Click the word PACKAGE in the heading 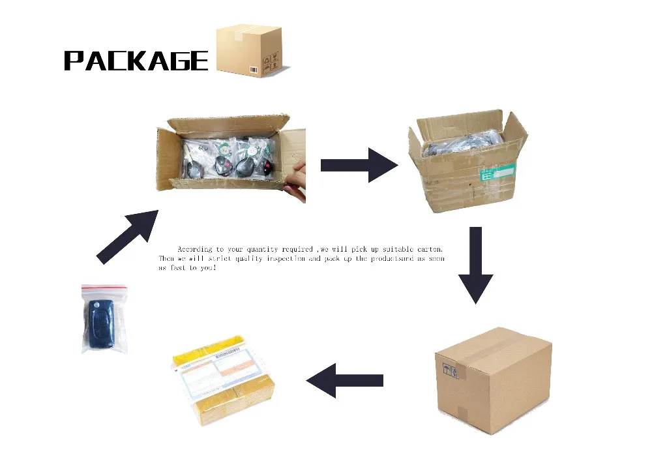pyautogui.click(x=136, y=60)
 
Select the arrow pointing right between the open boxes pyautogui.click(x=359, y=165)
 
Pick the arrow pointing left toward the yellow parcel pyautogui.click(x=344, y=379)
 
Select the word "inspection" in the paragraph pyautogui.click(x=277, y=259)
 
